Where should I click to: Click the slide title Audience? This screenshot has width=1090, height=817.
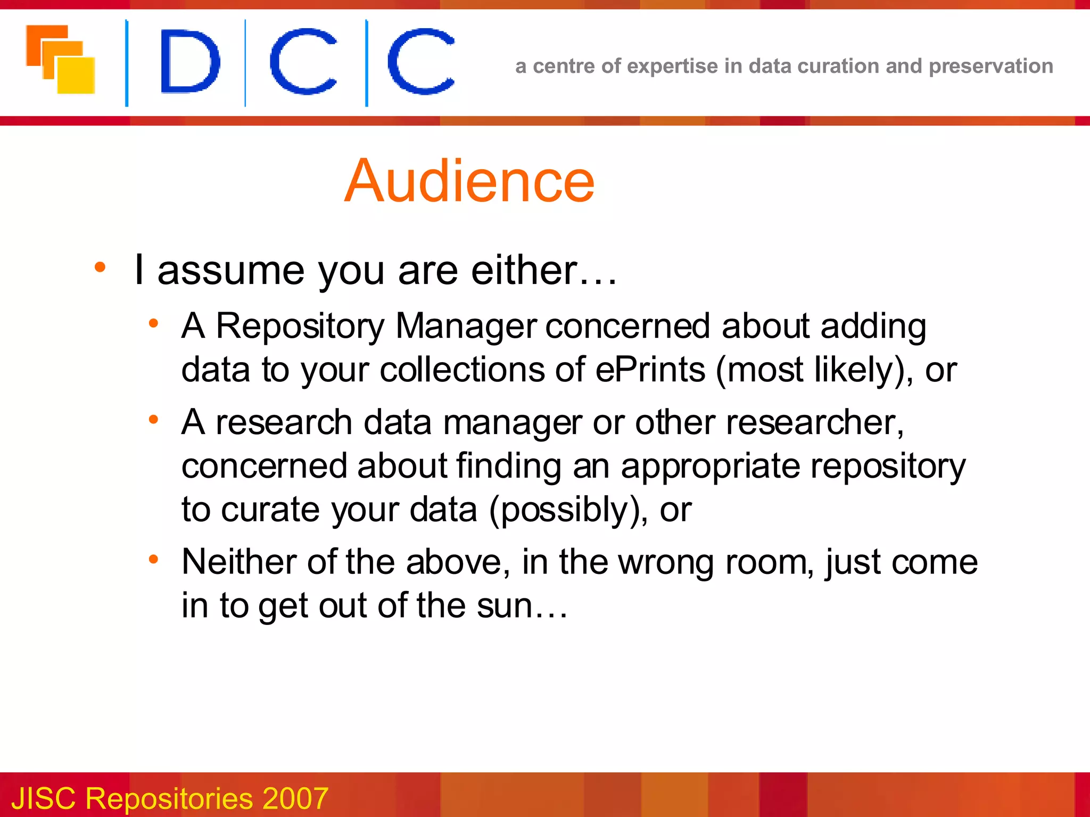(x=469, y=181)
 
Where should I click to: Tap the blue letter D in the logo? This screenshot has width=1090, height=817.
(x=189, y=62)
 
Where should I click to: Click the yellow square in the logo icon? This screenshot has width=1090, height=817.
(x=76, y=75)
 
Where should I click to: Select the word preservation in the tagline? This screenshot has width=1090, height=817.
(x=990, y=66)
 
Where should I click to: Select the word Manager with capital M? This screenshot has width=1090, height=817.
(x=466, y=326)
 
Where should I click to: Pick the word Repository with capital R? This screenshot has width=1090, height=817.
(x=300, y=326)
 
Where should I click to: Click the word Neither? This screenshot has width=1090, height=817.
(x=240, y=562)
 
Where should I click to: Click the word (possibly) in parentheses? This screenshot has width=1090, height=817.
(x=565, y=510)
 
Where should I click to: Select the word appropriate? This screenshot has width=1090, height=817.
(x=711, y=466)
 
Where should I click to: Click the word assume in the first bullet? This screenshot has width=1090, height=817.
(x=230, y=270)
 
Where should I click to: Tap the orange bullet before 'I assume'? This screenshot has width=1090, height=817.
(x=100, y=267)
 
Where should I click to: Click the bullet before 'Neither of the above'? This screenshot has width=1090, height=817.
(x=154, y=559)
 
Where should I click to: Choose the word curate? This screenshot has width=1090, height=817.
(x=270, y=510)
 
